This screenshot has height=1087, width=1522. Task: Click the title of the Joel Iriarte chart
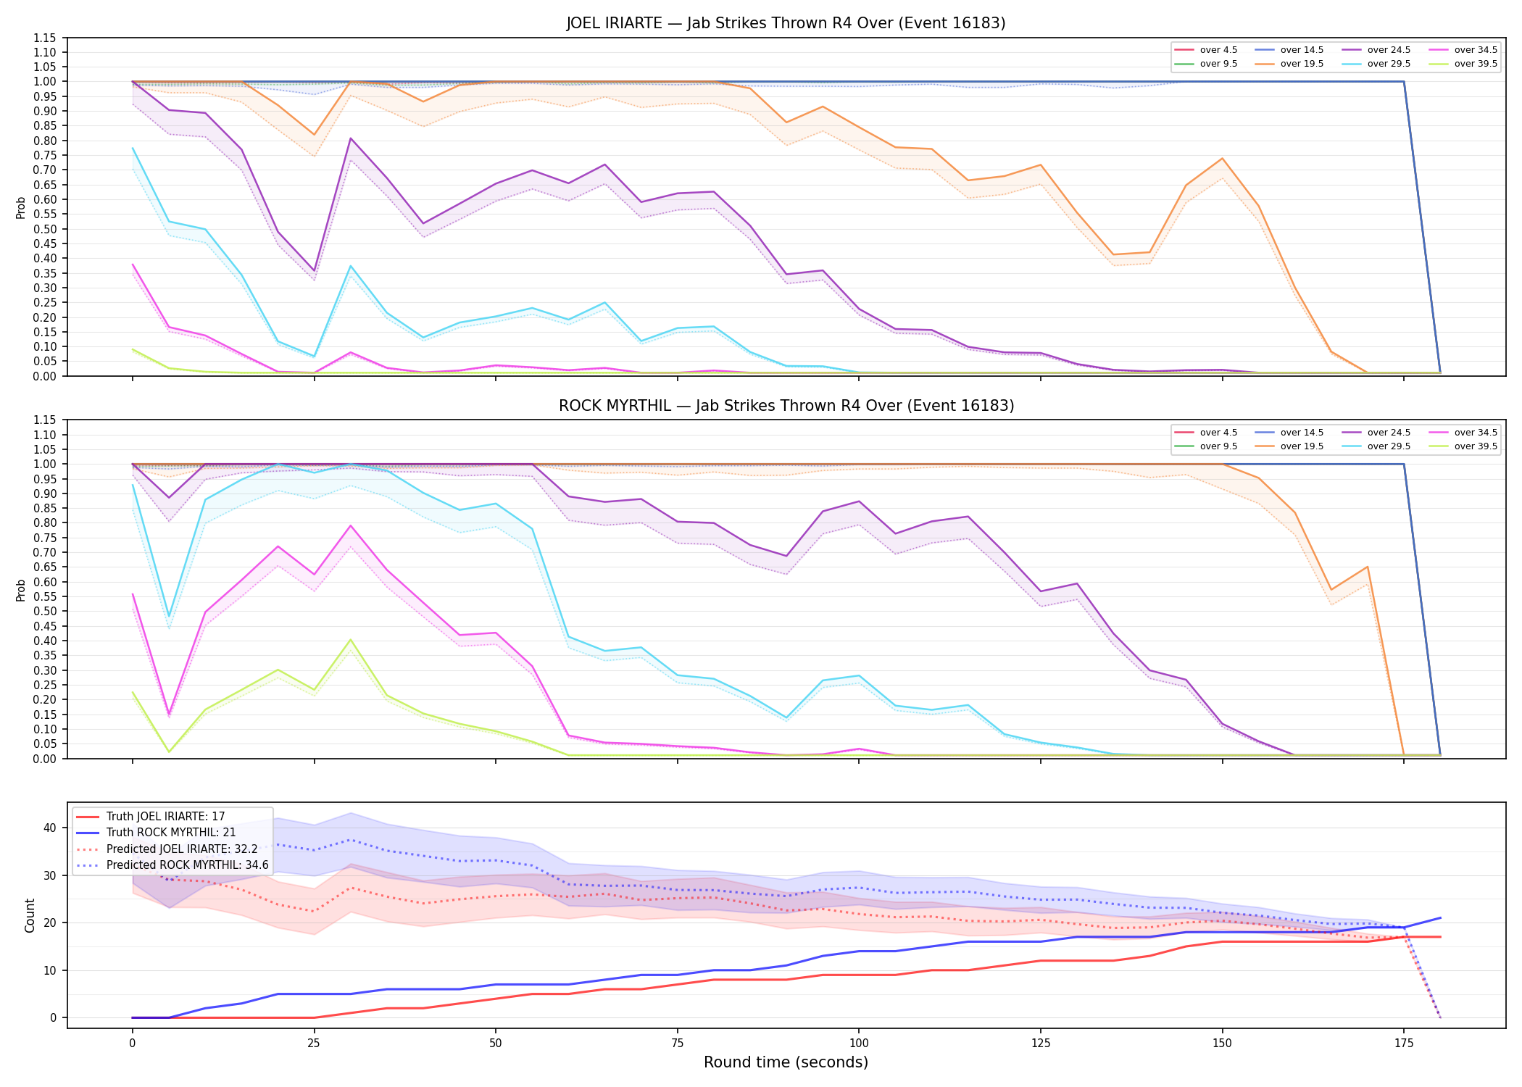786,23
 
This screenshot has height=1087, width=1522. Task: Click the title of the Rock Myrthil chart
786,406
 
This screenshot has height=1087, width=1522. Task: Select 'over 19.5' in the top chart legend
1302,64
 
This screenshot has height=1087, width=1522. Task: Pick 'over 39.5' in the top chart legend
1476,64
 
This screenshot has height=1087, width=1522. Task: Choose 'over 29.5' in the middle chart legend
1389,446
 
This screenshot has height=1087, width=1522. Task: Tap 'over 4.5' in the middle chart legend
1218,433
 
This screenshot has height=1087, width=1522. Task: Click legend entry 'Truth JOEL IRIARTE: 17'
165,817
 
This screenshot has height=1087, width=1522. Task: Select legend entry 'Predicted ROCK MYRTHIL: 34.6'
187,865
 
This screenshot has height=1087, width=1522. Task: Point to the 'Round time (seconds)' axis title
786,1062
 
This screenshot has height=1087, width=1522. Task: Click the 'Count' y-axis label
30,915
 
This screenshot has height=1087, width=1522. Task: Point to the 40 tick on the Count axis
51,828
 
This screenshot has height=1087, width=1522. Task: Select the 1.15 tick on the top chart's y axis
45,38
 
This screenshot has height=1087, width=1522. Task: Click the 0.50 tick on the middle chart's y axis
45,611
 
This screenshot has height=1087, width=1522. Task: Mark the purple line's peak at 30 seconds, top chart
351,138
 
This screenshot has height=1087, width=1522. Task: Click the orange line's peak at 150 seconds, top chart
1222,159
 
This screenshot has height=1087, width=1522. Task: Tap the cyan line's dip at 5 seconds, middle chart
169,616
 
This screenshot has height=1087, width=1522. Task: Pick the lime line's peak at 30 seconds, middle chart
351,640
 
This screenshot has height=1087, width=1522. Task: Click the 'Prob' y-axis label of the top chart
21,207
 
